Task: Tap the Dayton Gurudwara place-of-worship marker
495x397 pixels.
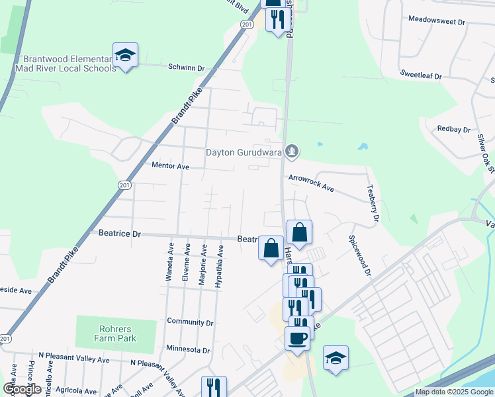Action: point(292,152)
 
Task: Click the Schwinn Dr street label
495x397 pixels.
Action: point(187,67)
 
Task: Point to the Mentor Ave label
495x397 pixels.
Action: point(170,166)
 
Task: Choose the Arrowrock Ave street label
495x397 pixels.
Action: point(311,183)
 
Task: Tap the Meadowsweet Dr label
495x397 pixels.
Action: point(437,21)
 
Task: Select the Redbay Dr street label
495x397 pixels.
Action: point(453,130)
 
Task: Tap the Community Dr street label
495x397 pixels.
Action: point(191,323)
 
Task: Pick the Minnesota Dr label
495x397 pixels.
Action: point(188,350)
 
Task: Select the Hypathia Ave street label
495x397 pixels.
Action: point(220,266)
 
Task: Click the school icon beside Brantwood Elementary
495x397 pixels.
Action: point(125,55)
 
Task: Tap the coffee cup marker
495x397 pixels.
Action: point(297,338)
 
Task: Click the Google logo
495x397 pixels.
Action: point(22,389)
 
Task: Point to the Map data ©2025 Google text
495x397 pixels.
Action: point(455,392)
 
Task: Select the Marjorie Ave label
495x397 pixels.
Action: point(203,264)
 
